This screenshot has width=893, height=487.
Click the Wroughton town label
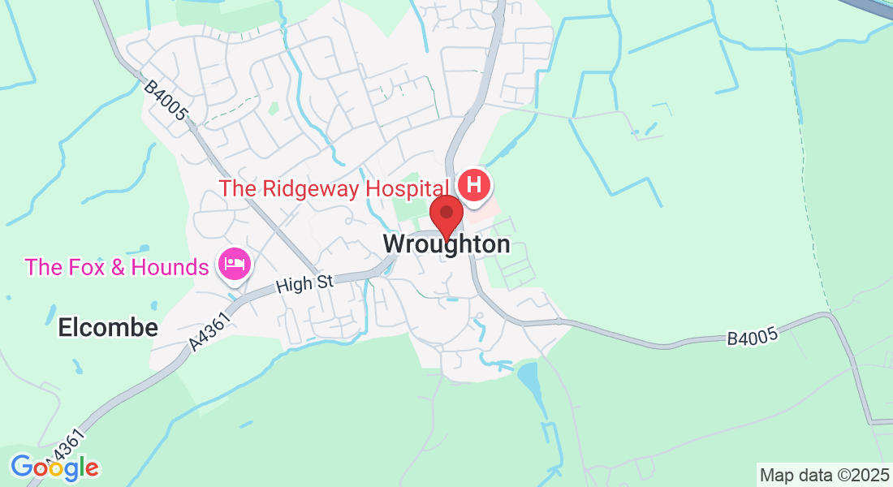point(446,243)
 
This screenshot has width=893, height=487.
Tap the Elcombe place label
point(108,328)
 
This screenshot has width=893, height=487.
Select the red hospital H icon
point(474,185)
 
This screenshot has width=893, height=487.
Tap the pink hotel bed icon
point(235,265)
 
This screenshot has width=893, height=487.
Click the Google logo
point(54,468)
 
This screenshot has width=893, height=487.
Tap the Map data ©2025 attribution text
point(823,474)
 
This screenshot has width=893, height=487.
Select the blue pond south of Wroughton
point(529,378)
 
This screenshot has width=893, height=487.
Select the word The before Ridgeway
point(237,188)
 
